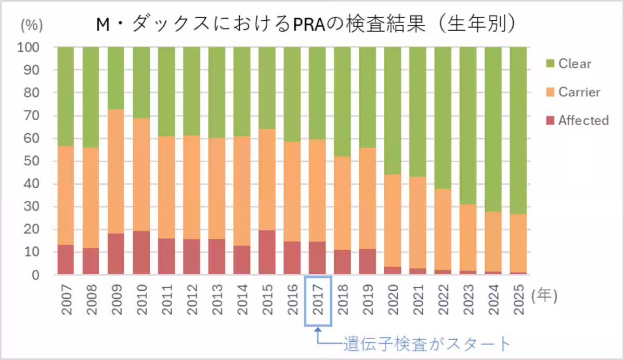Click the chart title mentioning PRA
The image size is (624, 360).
307,24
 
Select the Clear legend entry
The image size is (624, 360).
574,64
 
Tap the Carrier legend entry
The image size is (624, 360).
579,92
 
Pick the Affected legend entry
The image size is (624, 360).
583,121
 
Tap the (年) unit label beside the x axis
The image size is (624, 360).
544,295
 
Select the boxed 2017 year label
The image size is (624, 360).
318,301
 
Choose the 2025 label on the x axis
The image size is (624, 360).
518,301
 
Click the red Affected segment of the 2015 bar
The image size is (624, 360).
267,252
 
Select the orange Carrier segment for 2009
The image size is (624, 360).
116,172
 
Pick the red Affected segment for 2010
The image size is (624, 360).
141,253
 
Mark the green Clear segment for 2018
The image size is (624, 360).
342,101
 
